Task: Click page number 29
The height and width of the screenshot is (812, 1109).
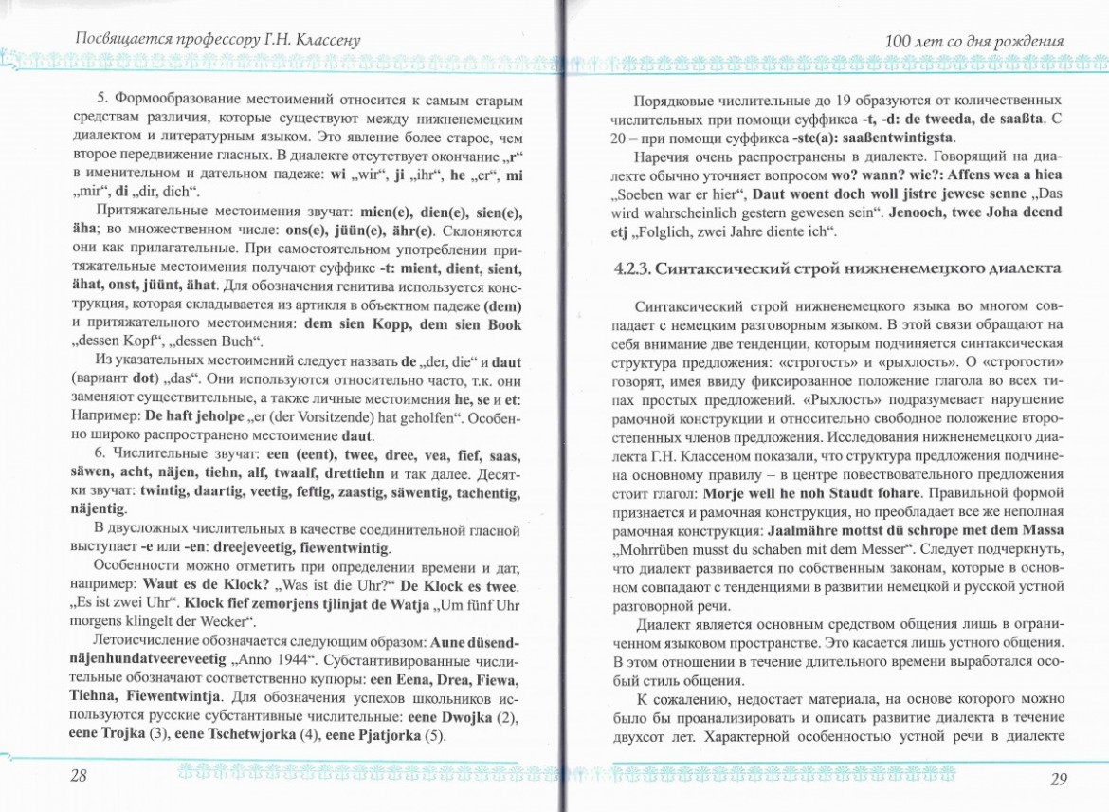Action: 1059,779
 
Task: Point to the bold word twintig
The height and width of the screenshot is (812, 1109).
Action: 169,492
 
